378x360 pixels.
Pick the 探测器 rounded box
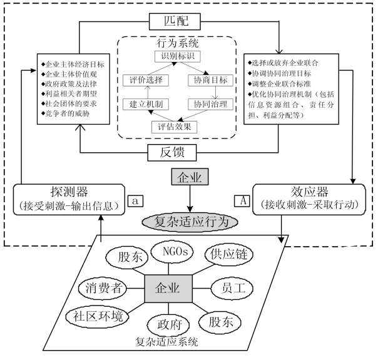(68, 197)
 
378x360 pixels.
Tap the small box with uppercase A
(241, 200)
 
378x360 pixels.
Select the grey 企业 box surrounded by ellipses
(168, 289)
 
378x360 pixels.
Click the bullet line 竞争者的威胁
(69, 113)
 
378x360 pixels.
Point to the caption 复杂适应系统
(168, 342)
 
